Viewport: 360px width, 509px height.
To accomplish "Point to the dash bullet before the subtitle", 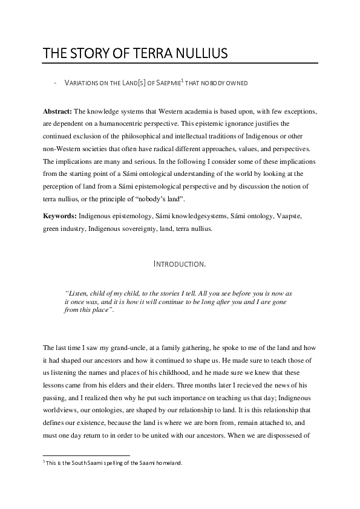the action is pyautogui.click(x=56, y=83).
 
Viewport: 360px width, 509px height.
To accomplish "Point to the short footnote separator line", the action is pyautogui.click(x=86, y=455).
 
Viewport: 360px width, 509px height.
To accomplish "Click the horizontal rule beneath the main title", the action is pyautogui.click(x=180, y=63).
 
